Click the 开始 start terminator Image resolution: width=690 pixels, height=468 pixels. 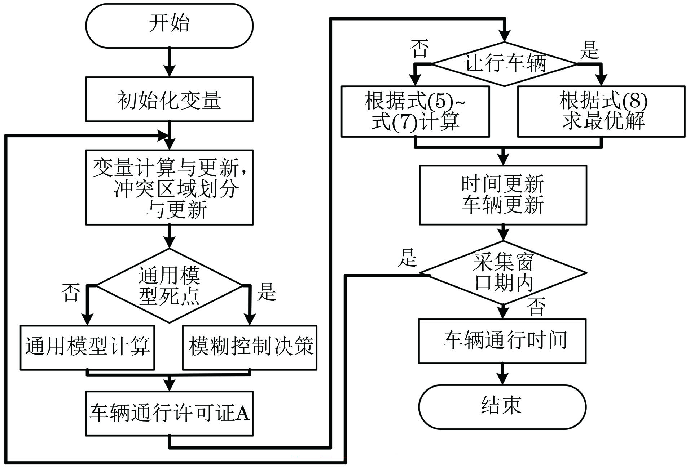tap(169, 25)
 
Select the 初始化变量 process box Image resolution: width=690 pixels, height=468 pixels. tap(169, 99)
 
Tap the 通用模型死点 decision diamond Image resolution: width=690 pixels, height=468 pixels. tap(169, 286)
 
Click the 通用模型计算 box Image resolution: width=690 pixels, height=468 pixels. tap(87, 347)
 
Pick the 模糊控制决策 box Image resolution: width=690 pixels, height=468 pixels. tap(250, 347)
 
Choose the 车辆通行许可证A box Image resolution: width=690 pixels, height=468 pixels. tap(169, 413)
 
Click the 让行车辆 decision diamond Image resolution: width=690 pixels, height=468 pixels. tap(504, 64)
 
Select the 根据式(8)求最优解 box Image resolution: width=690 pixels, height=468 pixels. tap(601, 111)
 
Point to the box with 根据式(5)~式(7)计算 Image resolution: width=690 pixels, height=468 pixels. tap(415, 111)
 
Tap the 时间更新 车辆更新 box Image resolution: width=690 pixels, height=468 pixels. tap(503, 195)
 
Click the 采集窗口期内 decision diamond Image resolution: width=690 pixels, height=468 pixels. tap(503, 273)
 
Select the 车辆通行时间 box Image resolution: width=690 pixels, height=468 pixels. tap(502, 341)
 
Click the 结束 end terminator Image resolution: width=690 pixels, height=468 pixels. tap(502, 407)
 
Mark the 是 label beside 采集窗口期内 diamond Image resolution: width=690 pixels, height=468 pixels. tap(407, 258)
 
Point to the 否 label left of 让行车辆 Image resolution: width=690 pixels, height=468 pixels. tap(419, 49)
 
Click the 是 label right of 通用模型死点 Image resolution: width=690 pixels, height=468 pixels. tap(267, 292)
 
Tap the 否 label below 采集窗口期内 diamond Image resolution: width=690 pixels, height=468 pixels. tap(536, 307)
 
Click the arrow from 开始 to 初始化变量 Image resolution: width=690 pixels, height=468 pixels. tap(169, 62)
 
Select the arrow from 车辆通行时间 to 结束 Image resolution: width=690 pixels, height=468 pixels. tap(502, 374)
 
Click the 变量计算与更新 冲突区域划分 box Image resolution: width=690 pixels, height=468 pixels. tap(169, 187)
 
